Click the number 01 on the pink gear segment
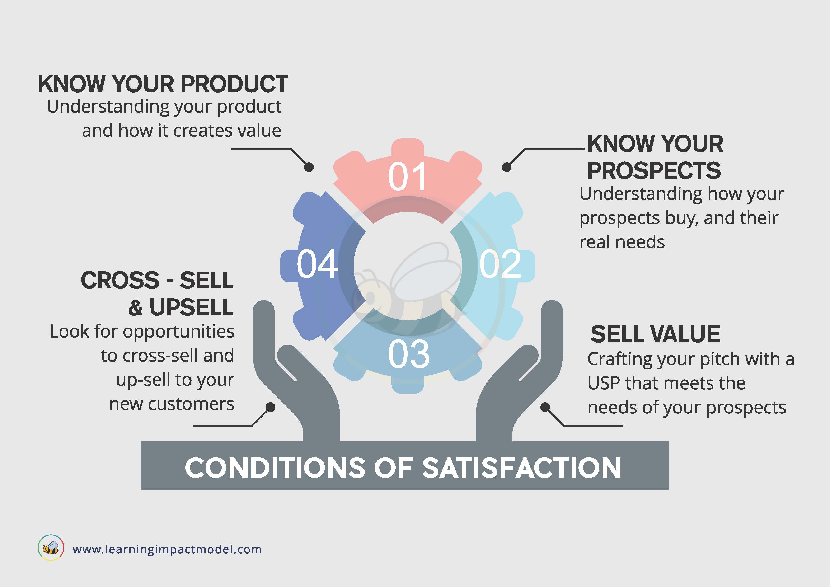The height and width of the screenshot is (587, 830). click(408, 176)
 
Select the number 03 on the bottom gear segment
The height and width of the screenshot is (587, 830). click(409, 354)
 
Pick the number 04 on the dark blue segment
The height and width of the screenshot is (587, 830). click(317, 264)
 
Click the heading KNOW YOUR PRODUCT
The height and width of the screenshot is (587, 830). click(163, 84)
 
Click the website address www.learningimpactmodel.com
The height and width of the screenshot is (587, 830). click(167, 549)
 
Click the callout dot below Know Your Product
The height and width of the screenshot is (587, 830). click(309, 167)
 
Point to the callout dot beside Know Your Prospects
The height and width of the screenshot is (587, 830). click(507, 167)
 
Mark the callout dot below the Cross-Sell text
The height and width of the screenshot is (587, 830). click(270, 407)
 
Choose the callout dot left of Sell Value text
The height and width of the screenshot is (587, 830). click(545, 407)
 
